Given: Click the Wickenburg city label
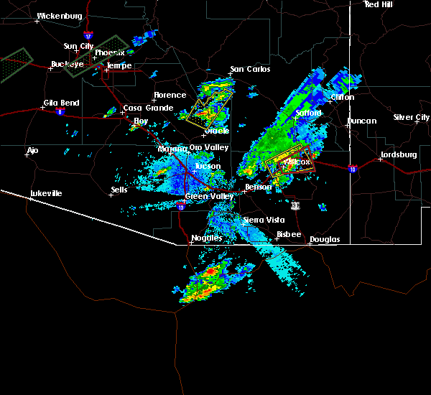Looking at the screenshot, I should pyautogui.click(x=59, y=15).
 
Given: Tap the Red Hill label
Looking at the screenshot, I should pyautogui.click(x=379, y=4).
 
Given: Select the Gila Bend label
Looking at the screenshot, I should pyautogui.click(x=61, y=103).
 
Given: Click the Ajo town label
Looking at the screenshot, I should pyautogui.click(x=32, y=151).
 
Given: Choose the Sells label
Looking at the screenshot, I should pyautogui.click(x=119, y=190).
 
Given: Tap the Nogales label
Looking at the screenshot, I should pyautogui.click(x=205, y=238).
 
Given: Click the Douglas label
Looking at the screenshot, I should pyautogui.click(x=325, y=239).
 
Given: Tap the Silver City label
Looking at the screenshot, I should pyautogui.click(x=411, y=117).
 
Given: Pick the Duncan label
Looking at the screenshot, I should pyautogui.click(x=361, y=121).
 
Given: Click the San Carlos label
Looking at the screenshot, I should pyautogui.click(x=250, y=70).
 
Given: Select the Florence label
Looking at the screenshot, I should pyautogui.click(x=170, y=95).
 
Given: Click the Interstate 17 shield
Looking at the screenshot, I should pyautogui.click(x=87, y=35).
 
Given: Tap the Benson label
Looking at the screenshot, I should pyautogui.click(x=258, y=187).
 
